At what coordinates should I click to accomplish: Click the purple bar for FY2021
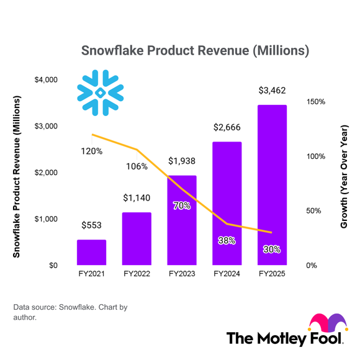91,253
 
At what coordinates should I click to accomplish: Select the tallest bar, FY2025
272,186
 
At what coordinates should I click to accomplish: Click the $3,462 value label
272,91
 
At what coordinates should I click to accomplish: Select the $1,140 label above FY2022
137,198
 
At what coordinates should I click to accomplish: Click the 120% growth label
91,151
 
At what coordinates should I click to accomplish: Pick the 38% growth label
227,240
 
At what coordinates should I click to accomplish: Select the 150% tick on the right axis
315,101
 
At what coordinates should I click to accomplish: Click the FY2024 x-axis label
227,274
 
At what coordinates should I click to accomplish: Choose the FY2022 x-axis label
137,274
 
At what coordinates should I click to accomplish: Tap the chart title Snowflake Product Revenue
195,50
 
